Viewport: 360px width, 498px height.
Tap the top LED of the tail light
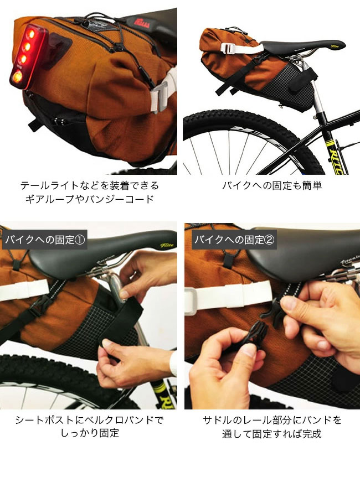31,34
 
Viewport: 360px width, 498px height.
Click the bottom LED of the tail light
18,76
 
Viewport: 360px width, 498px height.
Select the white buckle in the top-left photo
162,95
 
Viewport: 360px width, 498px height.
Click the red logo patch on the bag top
142,23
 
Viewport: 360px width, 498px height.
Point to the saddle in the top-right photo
302,46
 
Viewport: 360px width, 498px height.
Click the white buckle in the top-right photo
228,48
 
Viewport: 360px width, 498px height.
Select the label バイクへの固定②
234,240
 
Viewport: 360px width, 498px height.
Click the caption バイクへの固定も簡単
272,185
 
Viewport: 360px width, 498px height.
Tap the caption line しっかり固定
90,433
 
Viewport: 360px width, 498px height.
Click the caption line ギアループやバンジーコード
90,199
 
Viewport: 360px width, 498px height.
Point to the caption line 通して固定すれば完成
272,434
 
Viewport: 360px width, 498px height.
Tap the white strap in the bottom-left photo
24,290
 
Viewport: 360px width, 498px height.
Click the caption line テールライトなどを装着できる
90,185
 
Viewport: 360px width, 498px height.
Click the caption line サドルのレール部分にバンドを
272,420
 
